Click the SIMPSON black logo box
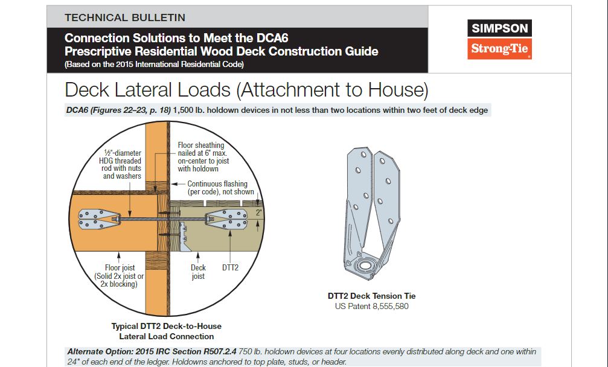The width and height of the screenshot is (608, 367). pos(499,28)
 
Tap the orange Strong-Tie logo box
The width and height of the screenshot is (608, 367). pos(499,49)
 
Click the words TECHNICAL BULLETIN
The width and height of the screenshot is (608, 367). pos(125,18)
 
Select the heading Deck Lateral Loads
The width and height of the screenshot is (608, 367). pos(148,89)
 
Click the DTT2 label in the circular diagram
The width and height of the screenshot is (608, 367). pos(230,267)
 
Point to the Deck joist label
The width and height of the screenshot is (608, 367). pos(198,272)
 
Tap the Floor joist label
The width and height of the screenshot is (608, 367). pos(119,275)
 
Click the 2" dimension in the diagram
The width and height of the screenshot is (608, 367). pos(258,212)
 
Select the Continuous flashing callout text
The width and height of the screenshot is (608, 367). pos(220,188)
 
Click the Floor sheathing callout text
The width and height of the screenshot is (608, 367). pos(203,157)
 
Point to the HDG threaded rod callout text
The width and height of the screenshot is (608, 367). pos(120,164)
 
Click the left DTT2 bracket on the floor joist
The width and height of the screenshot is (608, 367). pos(97,219)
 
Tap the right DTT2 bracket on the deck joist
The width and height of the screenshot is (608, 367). pos(226,219)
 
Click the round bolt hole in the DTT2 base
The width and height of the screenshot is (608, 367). pos(365,266)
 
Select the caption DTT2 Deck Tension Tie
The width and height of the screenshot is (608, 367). pos(371,296)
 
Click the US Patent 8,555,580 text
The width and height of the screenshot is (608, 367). pos(371,306)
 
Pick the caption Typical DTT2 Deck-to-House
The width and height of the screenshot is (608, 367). pos(167,326)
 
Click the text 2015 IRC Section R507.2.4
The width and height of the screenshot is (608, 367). pos(186,351)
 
